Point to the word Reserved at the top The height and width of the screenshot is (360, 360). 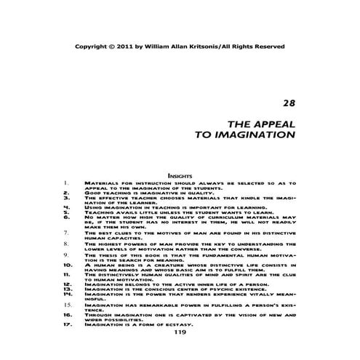[x=266, y=46]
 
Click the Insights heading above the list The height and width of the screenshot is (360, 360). [x=180, y=175]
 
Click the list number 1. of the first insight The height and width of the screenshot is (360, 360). [x=65, y=183]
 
